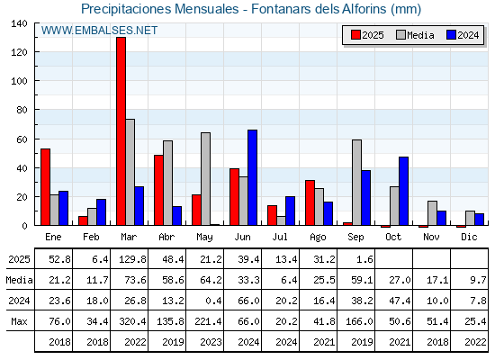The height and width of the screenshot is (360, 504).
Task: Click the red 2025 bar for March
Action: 121,131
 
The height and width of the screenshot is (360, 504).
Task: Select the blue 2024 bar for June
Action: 253,177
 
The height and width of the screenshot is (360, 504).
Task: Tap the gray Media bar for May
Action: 206,179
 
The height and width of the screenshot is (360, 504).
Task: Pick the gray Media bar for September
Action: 356,183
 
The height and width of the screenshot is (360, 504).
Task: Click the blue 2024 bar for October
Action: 404,191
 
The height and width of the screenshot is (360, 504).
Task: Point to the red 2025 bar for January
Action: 45,187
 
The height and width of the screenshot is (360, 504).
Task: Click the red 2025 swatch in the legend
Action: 355,35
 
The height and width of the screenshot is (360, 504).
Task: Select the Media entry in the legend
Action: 415,35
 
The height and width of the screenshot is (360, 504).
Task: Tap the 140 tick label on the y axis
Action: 20,23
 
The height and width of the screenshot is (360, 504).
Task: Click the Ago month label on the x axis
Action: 318,238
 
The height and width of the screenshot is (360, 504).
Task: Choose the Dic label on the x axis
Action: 469,237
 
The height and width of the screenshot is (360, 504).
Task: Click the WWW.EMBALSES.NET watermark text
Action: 99,31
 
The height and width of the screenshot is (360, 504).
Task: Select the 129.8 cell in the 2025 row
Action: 132,259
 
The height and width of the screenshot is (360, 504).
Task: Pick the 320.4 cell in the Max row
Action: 132,321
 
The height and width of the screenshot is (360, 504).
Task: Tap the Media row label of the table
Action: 19,280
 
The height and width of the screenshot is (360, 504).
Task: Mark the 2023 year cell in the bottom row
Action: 211,342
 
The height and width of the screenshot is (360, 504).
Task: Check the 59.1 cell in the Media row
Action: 362,280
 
